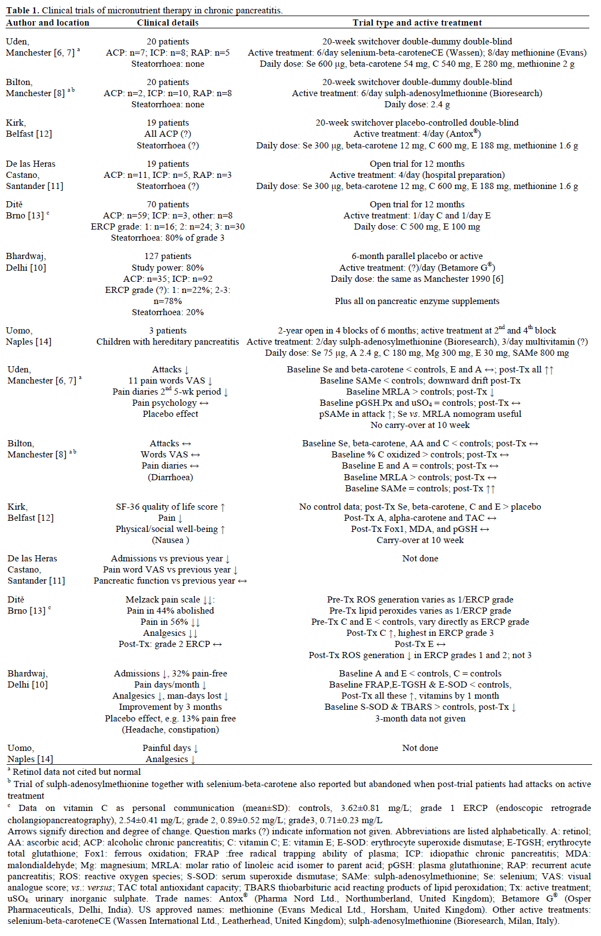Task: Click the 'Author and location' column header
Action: (x=48, y=23)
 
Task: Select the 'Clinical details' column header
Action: (x=168, y=23)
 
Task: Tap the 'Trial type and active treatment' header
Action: (x=417, y=23)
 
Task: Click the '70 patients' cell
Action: (x=168, y=205)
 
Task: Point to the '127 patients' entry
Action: (x=168, y=256)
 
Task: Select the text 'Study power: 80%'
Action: (x=168, y=268)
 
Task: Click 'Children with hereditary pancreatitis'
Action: (x=168, y=342)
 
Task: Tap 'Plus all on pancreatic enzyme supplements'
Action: (x=417, y=301)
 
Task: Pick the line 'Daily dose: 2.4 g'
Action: (x=417, y=104)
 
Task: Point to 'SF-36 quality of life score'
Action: (x=167, y=507)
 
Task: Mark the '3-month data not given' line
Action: (x=420, y=719)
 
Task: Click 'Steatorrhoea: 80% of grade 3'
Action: (x=168, y=238)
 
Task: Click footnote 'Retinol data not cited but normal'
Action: (x=77, y=772)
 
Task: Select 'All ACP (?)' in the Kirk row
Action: (x=168, y=134)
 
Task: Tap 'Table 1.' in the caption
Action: (x=22, y=11)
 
